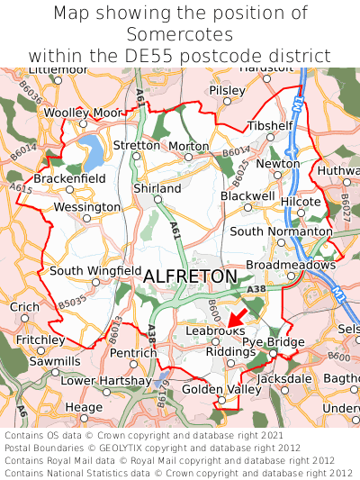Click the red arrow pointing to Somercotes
[236, 317]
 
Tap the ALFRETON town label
[190, 276]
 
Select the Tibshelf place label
[270, 126]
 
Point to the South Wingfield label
[95, 270]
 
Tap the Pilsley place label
[226, 91]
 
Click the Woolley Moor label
[82, 113]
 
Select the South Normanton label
[281, 231]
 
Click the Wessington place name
[87, 207]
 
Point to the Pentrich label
[133, 352]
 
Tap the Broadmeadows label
[291, 266]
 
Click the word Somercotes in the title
[180, 33]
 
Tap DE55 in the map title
[184, 55]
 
